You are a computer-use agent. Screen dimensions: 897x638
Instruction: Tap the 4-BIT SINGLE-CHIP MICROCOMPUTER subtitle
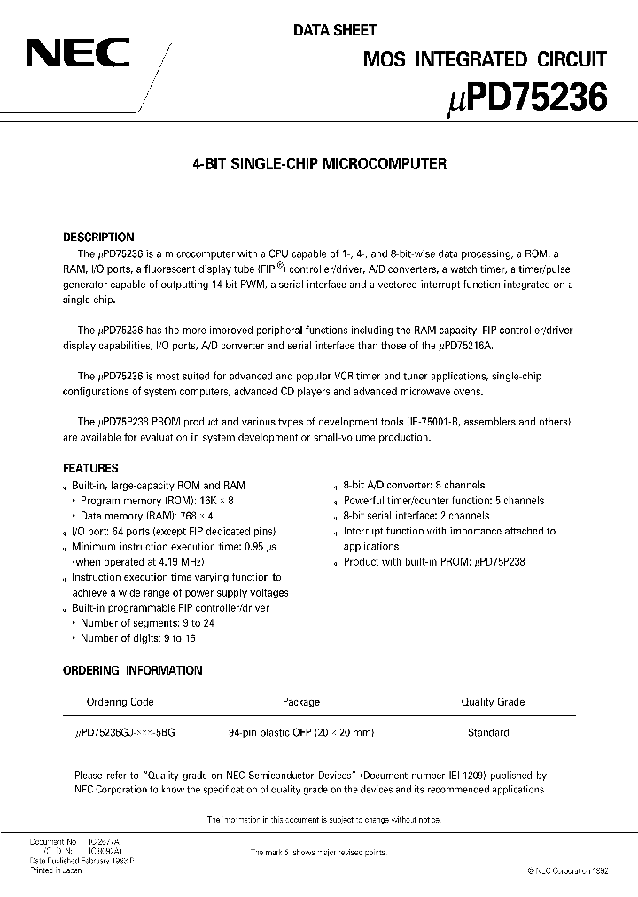coord(319,164)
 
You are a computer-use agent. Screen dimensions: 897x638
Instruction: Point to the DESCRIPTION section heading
coord(98,238)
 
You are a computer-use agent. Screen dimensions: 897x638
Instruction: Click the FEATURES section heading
coord(91,468)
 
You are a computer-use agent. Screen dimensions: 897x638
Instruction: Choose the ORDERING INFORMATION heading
coord(133,670)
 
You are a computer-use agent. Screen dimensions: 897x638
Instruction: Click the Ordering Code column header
coord(120,702)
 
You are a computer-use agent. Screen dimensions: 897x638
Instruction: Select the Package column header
coord(301,702)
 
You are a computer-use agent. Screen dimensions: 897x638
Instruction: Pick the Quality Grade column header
coord(493,702)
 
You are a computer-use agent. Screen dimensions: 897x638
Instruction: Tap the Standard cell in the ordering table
coord(488,732)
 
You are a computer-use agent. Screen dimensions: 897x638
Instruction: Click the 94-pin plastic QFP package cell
coord(301,732)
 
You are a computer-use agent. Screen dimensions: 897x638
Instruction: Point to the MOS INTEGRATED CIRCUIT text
coord(486,60)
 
